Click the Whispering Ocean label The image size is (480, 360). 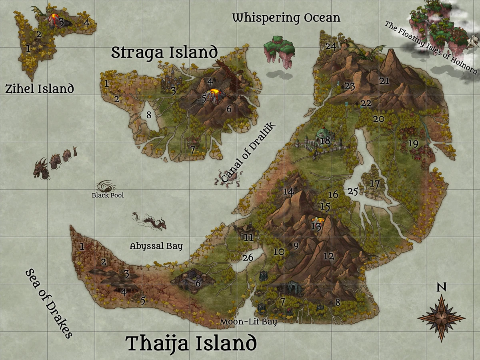click(x=286, y=18)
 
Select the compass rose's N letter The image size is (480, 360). click(x=441, y=287)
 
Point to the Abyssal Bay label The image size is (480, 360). click(x=156, y=246)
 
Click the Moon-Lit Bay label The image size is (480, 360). click(x=248, y=322)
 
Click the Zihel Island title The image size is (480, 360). click(x=40, y=88)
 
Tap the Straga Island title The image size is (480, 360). click(x=164, y=52)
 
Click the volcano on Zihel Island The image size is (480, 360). click(x=54, y=19)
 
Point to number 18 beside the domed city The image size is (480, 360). click(x=325, y=140)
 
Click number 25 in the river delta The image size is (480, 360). click(x=352, y=191)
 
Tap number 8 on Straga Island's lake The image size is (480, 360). click(x=149, y=115)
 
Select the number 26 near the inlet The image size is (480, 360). click(x=248, y=258)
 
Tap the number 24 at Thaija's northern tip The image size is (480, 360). click(x=330, y=46)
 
